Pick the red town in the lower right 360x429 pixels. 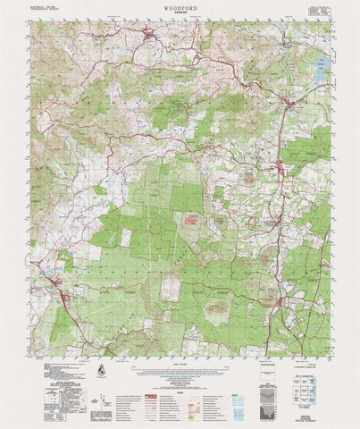(x=282, y=312)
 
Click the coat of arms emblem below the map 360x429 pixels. (x=105, y=367)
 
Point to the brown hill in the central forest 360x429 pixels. (x=190, y=220)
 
